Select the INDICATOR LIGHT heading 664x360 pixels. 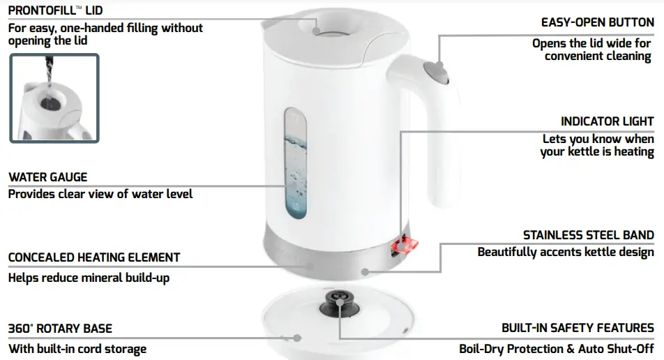coord(607,121)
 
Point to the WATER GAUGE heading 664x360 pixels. coord(47,177)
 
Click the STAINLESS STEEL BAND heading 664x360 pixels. coord(588,235)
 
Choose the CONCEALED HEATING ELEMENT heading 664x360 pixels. coord(94,257)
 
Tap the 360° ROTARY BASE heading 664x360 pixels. coord(60,329)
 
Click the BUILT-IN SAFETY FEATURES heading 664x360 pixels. coord(578,328)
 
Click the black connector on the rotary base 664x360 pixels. coord(337,301)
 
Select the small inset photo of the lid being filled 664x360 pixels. coord(54,98)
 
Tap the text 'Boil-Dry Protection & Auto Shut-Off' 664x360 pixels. coord(556,349)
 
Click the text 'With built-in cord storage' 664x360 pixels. coord(77,349)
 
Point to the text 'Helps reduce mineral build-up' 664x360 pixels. coord(89,278)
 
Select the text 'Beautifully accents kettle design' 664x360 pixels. coord(566,252)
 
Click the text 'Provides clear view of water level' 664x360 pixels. coord(100,194)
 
